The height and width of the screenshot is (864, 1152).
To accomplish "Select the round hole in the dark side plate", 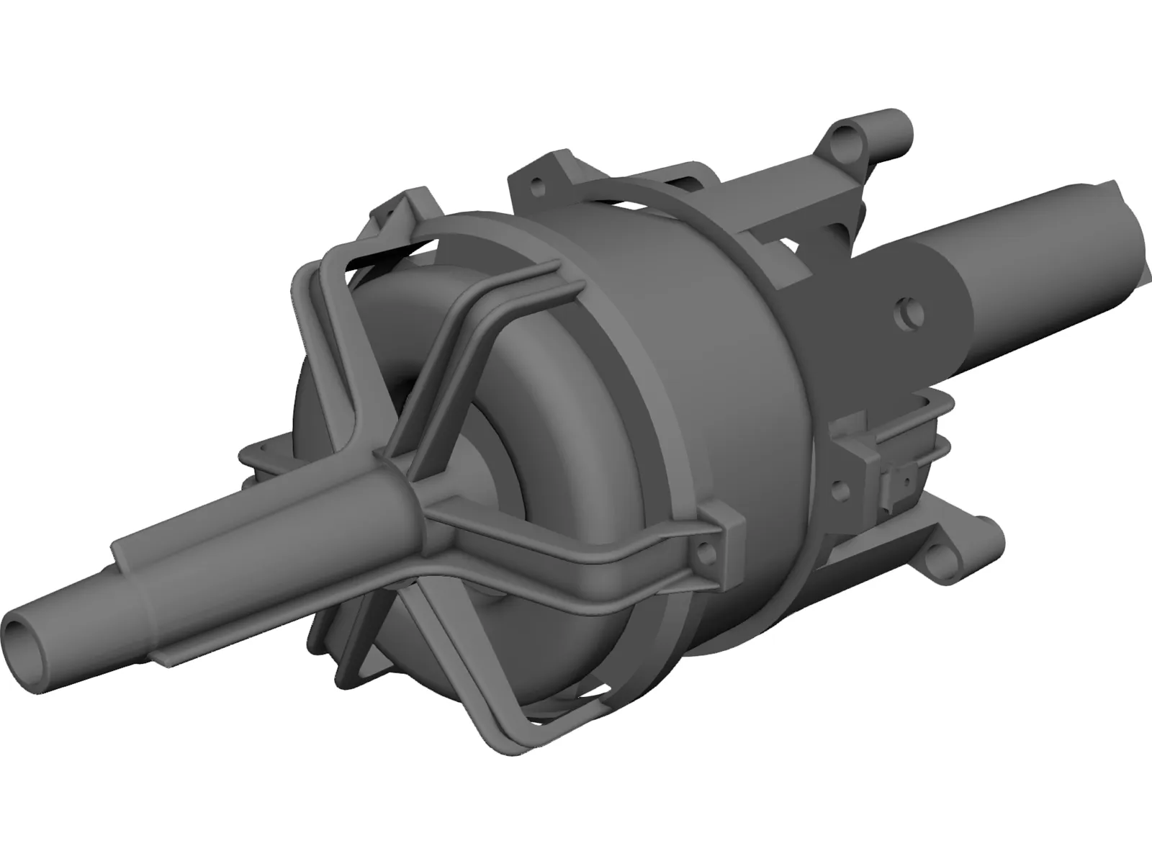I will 906,312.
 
